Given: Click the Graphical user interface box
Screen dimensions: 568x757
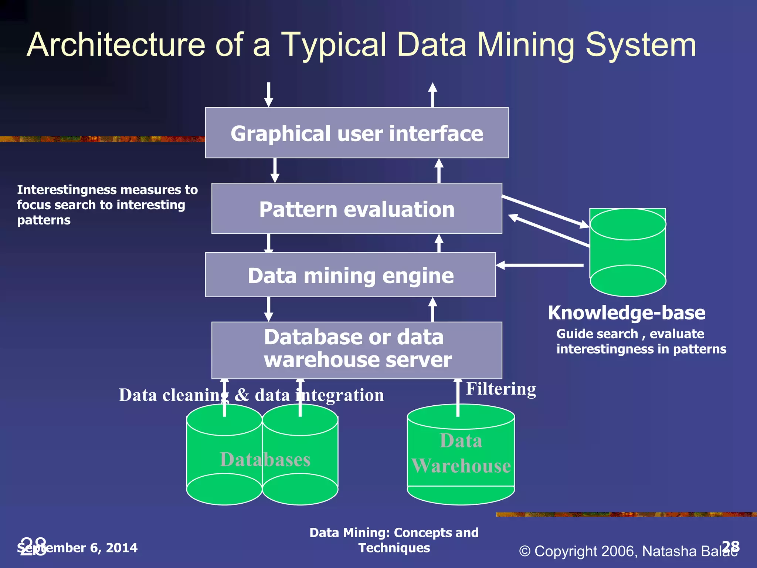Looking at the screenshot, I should [x=357, y=133].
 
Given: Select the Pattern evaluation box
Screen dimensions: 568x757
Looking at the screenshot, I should [x=357, y=209].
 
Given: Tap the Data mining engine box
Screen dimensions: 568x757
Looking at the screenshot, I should [x=350, y=275].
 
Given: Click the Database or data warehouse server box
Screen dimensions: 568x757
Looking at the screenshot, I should [x=357, y=349].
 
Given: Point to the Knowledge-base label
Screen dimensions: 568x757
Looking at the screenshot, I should [x=627, y=313].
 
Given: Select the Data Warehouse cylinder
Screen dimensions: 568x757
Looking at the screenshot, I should [x=461, y=455].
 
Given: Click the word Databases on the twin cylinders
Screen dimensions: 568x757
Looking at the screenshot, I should [x=265, y=460].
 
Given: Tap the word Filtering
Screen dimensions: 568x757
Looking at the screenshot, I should [x=500, y=389].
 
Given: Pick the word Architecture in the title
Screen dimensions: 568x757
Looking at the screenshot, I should [x=116, y=45].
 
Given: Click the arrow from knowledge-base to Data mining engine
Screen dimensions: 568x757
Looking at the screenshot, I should [x=540, y=265].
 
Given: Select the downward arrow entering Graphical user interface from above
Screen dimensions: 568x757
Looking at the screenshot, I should [x=269, y=95].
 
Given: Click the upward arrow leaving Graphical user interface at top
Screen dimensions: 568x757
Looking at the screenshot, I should [x=432, y=95].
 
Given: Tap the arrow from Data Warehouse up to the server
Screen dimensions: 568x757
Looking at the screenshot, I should [x=458, y=398].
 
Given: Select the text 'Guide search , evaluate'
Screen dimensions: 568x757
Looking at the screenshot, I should [x=630, y=334].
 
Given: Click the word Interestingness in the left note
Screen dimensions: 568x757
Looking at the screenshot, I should [x=67, y=190].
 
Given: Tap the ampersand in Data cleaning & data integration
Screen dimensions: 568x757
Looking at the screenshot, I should [x=242, y=395].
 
